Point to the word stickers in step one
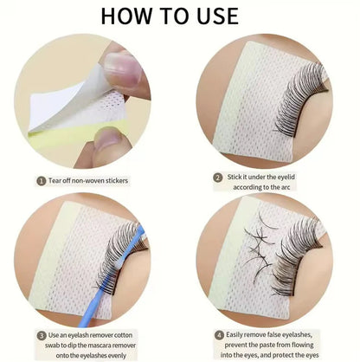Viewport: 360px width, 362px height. click(141, 182)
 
